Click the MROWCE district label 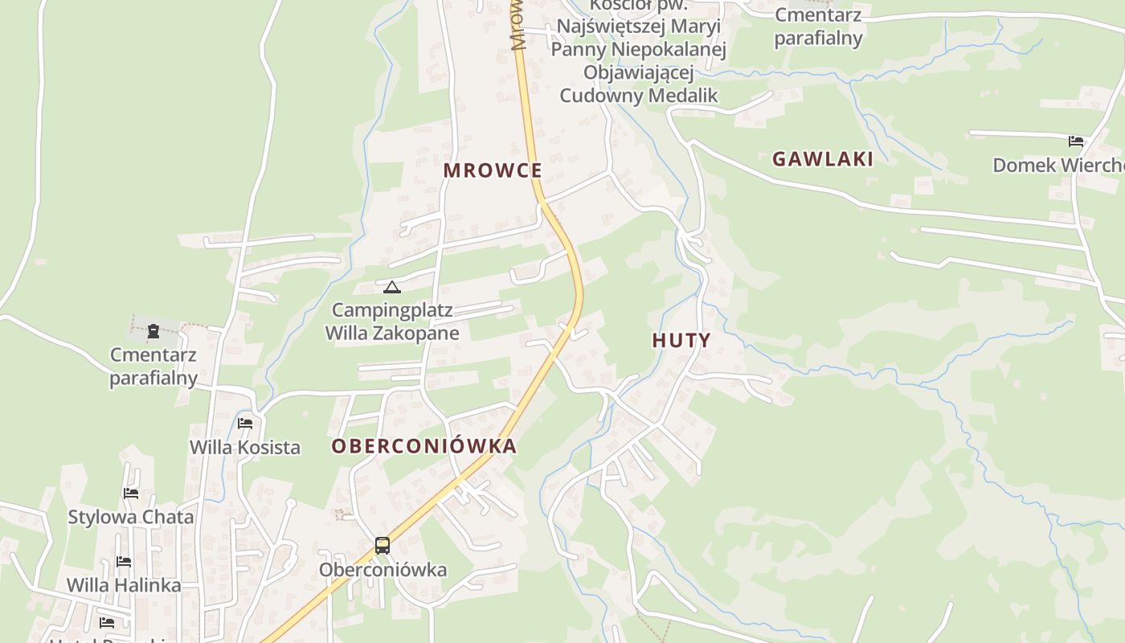(x=493, y=170)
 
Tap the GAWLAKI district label (x=822, y=159)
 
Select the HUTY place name (x=681, y=340)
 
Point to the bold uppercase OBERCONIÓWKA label (x=423, y=447)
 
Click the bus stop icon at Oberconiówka (x=382, y=546)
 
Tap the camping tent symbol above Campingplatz (x=391, y=287)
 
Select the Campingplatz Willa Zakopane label (x=392, y=321)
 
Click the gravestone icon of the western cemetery (x=153, y=330)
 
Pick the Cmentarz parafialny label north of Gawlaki (x=818, y=27)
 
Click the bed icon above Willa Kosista (x=245, y=423)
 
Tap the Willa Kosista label (x=245, y=448)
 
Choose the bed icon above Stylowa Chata (x=130, y=493)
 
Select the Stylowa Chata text (x=130, y=517)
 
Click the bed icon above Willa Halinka (x=123, y=561)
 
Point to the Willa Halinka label (x=123, y=585)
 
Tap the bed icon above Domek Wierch (x=1076, y=141)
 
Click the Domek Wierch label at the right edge (x=1057, y=166)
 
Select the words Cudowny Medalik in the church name (x=638, y=96)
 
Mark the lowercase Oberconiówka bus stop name (x=382, y=570)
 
